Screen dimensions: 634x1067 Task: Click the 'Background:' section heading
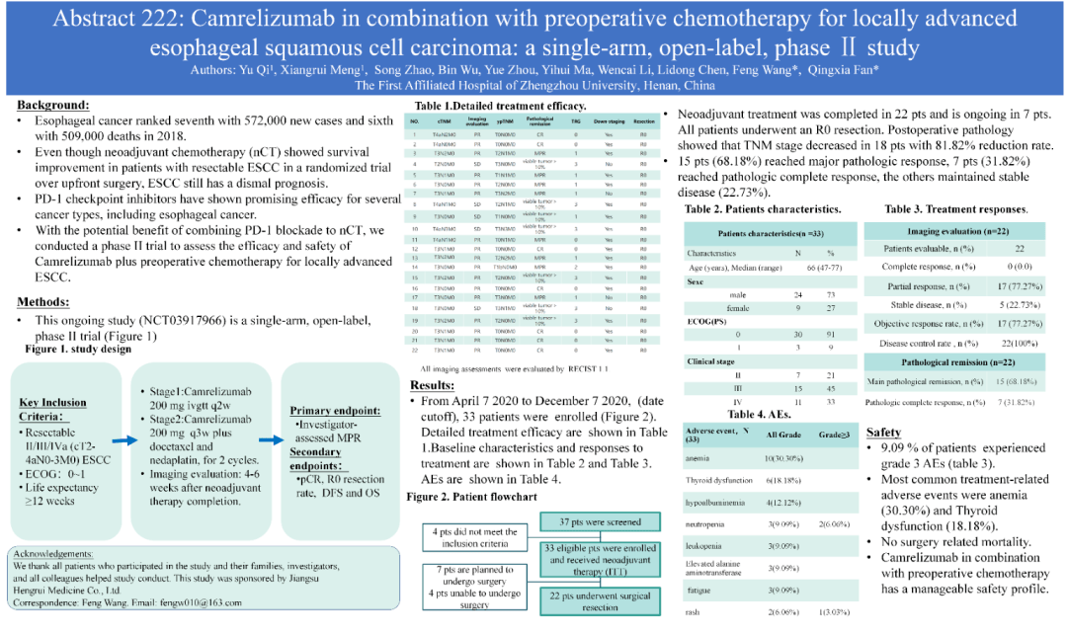[53, 105]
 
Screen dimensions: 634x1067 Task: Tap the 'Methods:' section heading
[46, 302]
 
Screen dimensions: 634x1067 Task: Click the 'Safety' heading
[883, 433]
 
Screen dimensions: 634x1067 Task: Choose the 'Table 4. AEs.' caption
[725, 414]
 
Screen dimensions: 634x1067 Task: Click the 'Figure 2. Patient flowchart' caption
[472, 496]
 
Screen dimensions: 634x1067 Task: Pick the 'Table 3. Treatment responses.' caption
[955, 209]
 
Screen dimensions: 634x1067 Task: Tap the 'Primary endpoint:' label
[336, 410]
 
